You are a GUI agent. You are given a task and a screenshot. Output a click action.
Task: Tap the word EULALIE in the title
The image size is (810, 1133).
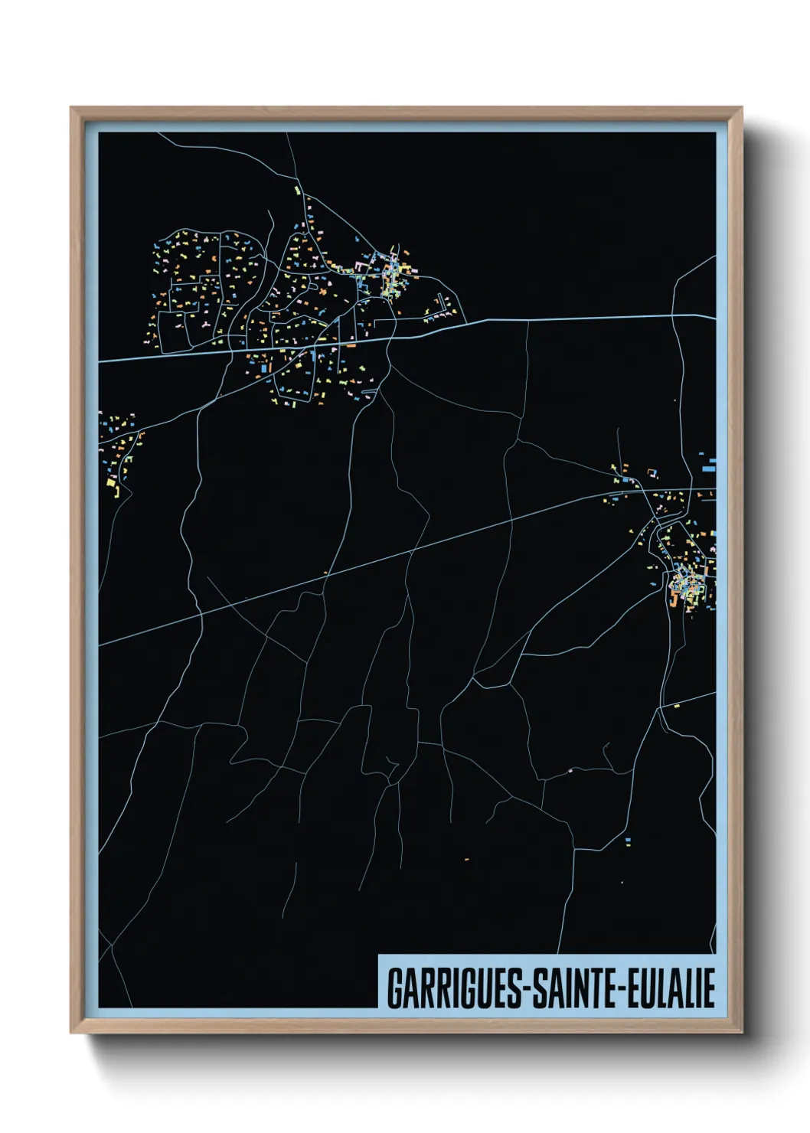point(671,988)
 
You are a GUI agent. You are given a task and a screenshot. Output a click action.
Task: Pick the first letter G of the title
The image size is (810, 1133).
point(394,988)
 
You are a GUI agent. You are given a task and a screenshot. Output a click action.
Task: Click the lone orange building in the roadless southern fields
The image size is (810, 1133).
point(465,860)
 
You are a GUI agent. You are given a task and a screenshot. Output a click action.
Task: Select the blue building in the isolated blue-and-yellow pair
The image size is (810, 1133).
point(629,841)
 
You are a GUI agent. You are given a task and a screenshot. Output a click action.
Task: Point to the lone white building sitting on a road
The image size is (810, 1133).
point(570,771)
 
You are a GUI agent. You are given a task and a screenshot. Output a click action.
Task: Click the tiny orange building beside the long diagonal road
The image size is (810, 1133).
point(325,572)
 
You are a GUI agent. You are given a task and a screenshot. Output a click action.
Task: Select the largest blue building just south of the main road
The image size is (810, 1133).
point(265,368)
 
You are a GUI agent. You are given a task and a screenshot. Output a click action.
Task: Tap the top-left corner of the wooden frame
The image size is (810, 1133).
point(71,108)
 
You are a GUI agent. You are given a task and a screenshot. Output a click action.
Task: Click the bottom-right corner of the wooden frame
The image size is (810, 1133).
point(742,1033)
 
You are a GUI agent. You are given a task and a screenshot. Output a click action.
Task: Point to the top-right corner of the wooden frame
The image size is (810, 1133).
point(742,108)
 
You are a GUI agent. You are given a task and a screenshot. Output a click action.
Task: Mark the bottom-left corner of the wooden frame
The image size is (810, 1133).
point(71,1033)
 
